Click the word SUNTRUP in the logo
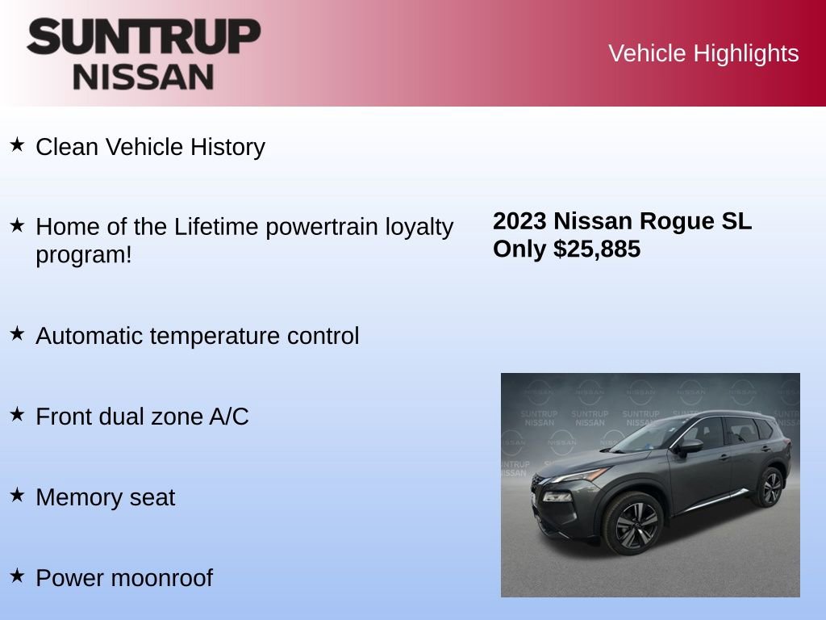click(x=144, y=36)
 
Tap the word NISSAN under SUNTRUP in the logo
click(x=144, y=77)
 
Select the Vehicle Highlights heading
click(x=703, y=53)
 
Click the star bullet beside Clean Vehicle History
click(x=17, y=145)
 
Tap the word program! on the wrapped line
click(x=83, y=255)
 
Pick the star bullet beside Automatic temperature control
click(x=17, y=333)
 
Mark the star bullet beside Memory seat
click(x=17, y=495)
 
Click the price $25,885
click(x=597, y=249)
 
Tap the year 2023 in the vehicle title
click(x=520, y=221)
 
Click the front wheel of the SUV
click(x=633, y=522)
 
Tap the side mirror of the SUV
click(x=690, y=446)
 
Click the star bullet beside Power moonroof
click(x=17, y=576)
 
